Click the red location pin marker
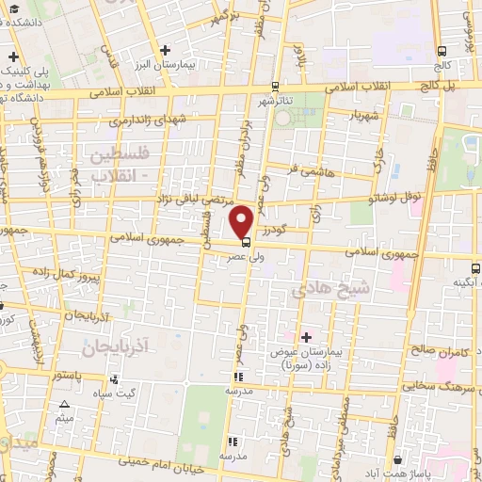point(242,222)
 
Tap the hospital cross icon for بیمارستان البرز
point(166,49)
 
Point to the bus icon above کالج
point(442,52)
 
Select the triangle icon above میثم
point(64,406)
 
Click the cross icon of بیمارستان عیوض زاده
point(305,336)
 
